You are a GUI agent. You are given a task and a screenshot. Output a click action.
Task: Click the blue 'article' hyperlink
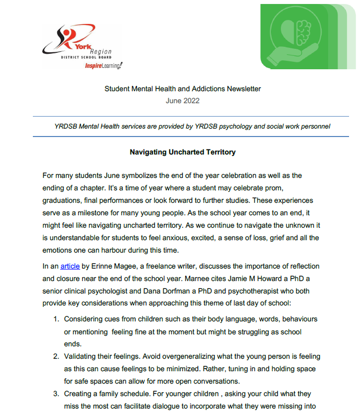(x=70, y=266)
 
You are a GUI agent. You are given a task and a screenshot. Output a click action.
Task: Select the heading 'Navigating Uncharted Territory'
(x=183, y=152)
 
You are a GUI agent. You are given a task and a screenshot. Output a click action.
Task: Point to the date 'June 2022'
(x=183, y=101)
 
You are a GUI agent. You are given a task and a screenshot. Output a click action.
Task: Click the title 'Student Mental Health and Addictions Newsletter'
(x=183, y=89)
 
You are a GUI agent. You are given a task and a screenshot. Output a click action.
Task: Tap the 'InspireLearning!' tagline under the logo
(x=104, y=66)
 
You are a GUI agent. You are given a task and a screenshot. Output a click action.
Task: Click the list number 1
(x=56, y=318)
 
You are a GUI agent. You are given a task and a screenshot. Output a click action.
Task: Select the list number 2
(x=56, y=356)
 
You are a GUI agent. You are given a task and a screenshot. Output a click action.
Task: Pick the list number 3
(x=56, y=394)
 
